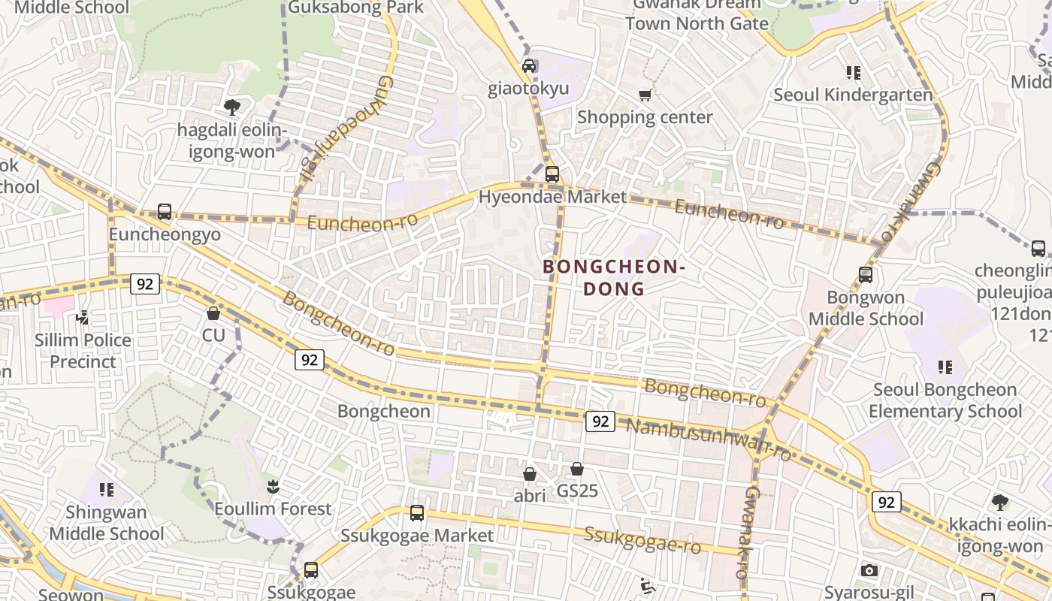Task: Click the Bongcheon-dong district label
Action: [x=614, y=277]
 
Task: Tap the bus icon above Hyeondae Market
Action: [x=552, y=174]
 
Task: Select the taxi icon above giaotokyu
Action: [x=529, y=66]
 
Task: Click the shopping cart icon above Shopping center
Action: [x=645, y=95]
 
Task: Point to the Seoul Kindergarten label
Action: [x=853, y=95]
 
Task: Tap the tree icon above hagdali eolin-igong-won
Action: [x=232, y=107]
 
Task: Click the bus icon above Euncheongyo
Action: [x=165, y=212]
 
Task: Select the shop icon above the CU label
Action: [x=213, y=313]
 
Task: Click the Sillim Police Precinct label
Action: [x=83, y=351]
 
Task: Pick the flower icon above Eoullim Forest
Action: [x=273, y=487]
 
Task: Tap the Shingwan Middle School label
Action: [x=106, y=523]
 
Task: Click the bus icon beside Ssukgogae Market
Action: [x=417, y=513]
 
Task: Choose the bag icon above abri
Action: [x=530, y=474]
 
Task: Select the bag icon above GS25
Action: [x=577, y=469]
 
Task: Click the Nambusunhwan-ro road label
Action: [x=708, y=439]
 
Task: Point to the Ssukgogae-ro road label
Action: [x=642, y=539]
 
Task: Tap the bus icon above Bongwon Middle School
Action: [x=866, y=275]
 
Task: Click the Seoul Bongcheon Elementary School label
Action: [x=945, y=400]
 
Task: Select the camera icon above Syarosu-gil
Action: [x=869, y=571]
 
